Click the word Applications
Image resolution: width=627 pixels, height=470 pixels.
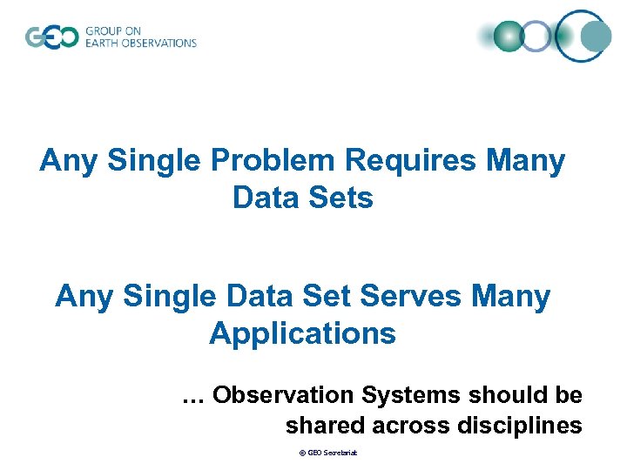click(302, 333)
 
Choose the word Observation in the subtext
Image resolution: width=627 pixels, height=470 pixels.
click(283, 395)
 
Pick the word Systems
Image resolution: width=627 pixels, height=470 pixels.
click(412, 395)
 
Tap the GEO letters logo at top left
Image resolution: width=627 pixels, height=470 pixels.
click(51, 37)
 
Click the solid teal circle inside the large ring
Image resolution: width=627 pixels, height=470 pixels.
click(596, 36)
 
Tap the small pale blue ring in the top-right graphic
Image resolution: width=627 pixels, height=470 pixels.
click(537, 36)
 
